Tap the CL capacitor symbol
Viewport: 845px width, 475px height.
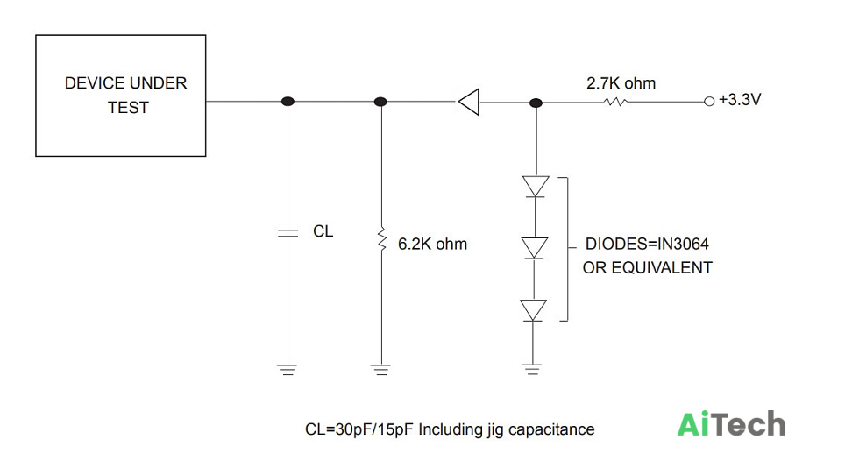[288, 232]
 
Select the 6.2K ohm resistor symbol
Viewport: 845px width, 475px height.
[382, 239]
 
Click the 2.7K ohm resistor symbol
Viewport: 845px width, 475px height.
[614, 102]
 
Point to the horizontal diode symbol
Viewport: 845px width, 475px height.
[468, 102]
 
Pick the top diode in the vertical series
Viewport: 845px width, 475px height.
[536, 187]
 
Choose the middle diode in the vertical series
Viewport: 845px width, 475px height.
[535, 248]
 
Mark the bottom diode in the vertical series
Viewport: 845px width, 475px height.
[534, 310]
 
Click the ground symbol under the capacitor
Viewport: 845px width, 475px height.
[288, 369]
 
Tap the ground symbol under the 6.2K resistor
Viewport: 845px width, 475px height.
[381, 369]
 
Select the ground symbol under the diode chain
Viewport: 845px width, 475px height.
[532, 369]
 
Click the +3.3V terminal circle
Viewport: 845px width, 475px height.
[709, 102]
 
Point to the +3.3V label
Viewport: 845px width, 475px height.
[740, 100]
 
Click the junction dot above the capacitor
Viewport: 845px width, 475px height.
[288, 102]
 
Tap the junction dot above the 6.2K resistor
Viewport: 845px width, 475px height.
[380, 102]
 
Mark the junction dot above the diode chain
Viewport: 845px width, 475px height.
[536, 103]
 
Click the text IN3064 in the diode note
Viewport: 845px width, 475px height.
[683, 244]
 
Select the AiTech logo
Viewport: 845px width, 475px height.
[731, 424]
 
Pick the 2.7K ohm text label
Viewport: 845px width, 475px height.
[621, 83]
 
